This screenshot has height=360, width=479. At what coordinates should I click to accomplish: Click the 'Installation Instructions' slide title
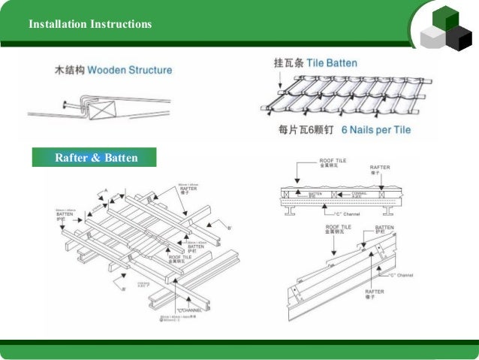[x=90, y=25]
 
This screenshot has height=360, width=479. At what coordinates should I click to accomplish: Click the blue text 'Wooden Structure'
[x=129, y=71]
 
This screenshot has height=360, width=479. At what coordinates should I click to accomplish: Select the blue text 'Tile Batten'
[x=331, y=63]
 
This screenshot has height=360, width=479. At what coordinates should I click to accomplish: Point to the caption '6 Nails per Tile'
[x=376, y=130]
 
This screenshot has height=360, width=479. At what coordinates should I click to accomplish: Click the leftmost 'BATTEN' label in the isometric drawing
[x=64, y=214]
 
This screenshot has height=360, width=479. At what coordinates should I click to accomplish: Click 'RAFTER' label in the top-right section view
[x=381, y=168]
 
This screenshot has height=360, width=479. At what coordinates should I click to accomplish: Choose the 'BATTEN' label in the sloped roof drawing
[x=384, y=227]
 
